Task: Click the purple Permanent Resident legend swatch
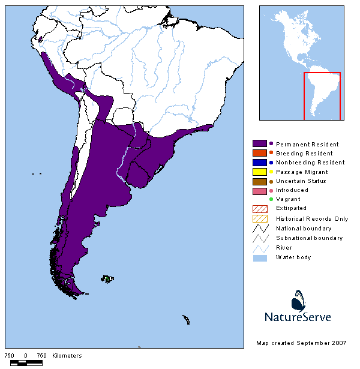[x=260, y=144]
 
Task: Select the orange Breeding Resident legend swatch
[x=260, y=154]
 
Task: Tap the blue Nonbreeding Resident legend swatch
[x=260, y=163]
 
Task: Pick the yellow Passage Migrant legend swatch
[x=260, y=172]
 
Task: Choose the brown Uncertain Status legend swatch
[x=260, y=181]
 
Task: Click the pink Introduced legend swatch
[x=260, y=190]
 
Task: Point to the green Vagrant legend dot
[x=271, y=199]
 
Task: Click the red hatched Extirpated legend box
[x=260, y=208]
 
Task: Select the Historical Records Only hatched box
[x=260, y=218]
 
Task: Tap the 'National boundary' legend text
[x=304, y=229]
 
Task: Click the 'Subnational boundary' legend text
[x=309, y=238]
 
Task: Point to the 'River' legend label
[x=284, y=248]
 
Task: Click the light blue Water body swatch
[x=260, y=257]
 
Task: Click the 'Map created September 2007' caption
[x=301, y=343]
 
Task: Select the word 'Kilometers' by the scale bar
[x=67, y=356]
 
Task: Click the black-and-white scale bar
[x=26, y=363]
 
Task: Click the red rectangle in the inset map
[x=322, y=96]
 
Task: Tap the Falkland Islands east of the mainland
[x=108, y=278]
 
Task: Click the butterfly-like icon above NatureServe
[x=299, y=299]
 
